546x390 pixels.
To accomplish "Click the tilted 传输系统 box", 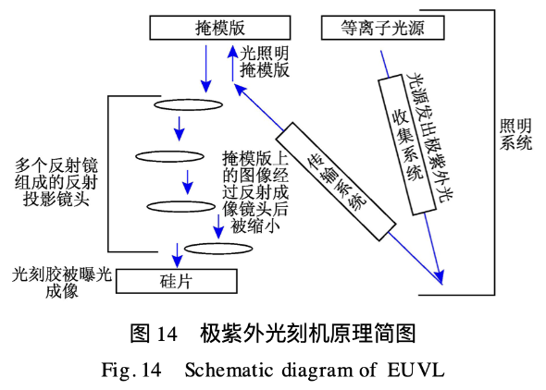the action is pos(336,181).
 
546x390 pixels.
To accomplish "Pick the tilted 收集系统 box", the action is pos(407,145).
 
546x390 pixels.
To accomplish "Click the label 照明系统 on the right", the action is pos(515,135).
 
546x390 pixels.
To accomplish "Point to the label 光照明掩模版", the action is pos(265,62).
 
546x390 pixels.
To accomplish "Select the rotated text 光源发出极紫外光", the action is pos(430,138).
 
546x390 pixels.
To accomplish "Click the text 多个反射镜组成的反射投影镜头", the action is pos(56,182).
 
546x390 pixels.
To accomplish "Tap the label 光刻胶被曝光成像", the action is pos(62,283).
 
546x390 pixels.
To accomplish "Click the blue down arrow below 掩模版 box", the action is pos(206,68).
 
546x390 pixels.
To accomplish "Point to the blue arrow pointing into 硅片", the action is pos(178,255).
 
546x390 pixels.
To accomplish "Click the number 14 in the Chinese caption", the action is pos(168,334).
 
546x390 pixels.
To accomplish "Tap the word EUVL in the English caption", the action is pos(416,370).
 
